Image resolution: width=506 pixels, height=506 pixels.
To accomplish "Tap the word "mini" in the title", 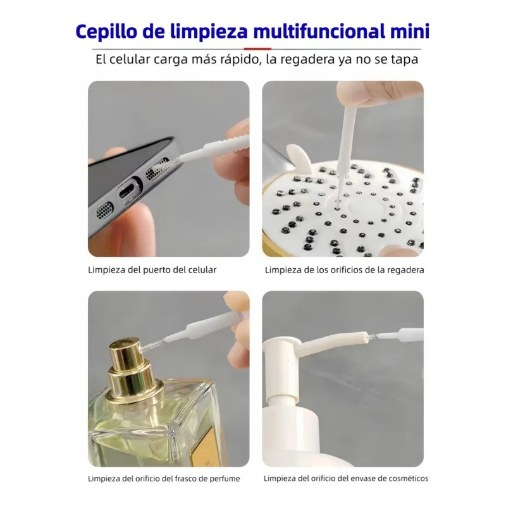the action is point(410,32).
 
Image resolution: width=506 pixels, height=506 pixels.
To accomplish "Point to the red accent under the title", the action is point(257,49).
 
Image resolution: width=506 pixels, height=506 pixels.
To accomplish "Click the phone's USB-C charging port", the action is point(129,192).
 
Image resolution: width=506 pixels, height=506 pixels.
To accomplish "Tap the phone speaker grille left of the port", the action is point(105,211).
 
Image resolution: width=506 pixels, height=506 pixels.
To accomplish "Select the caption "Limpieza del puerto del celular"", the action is point(152,270).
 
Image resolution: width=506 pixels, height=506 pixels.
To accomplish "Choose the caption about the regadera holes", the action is point(344,270).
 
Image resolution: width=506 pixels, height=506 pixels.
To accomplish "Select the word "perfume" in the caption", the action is point(225,479).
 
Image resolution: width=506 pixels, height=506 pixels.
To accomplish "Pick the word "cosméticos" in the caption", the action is point(409,479).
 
